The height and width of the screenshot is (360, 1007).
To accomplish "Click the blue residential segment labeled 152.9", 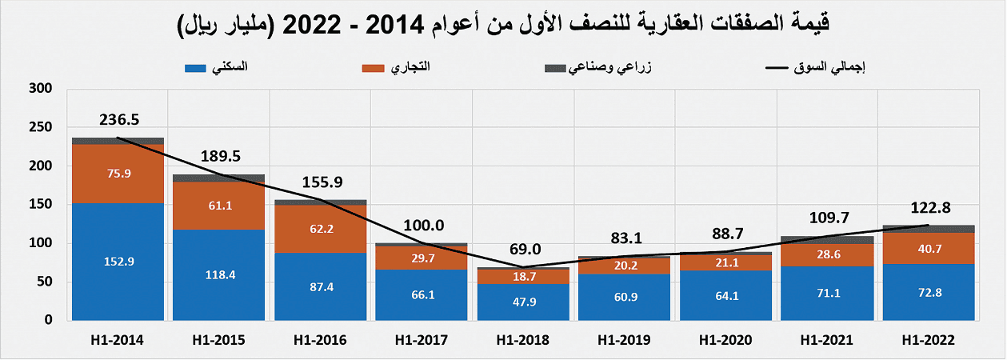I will point(118,261).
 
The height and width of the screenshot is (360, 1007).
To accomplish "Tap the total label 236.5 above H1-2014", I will point(119,120).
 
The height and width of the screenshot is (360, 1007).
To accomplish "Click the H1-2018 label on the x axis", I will point(523,340).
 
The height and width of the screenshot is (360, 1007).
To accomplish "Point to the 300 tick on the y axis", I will point(40,89).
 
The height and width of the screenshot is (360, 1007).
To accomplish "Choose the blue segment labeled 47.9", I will point(523,302).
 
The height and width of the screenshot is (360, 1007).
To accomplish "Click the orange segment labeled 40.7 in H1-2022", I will point(928,249).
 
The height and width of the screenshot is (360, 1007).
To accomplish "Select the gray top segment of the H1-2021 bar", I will point(827,240).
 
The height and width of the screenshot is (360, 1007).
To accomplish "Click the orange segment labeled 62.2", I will point(321,229).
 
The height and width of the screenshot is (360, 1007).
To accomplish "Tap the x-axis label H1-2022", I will point(928,340).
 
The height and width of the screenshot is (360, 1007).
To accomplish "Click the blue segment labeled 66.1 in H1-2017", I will point(422,294).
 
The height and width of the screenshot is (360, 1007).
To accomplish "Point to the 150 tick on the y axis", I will point(40,204).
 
